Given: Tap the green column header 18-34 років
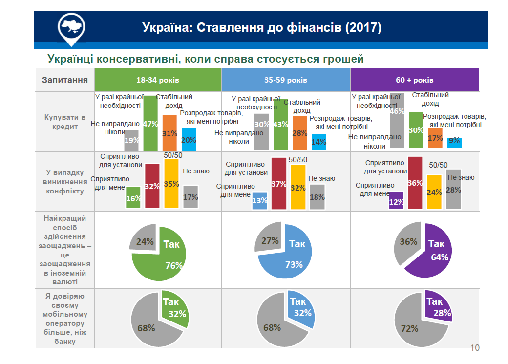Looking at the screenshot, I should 157,80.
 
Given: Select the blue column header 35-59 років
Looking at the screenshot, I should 285,80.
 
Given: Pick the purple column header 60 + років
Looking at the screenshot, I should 414,80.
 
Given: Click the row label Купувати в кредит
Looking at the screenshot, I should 64,122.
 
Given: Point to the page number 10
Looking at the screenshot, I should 475,348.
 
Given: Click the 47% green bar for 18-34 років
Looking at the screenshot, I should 150,124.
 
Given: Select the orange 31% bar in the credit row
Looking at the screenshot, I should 169,133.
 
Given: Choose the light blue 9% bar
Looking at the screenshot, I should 454,142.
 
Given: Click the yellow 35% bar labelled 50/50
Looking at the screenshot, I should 171,184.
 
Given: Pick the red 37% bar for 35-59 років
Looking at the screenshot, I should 278,184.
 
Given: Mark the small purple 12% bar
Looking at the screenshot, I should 396,200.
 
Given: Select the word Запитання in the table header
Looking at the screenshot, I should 64,80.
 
